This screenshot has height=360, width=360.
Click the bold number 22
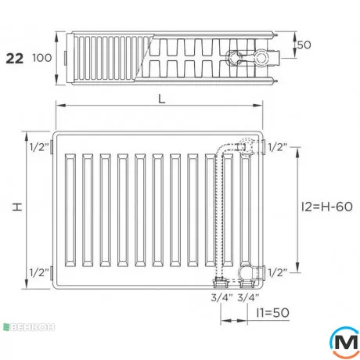point(15,59)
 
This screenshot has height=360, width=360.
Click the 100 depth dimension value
point(41,58)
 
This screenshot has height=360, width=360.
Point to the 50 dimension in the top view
point(304,45)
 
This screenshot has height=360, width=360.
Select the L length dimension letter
point(162,99)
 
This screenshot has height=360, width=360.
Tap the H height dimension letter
point(18,207)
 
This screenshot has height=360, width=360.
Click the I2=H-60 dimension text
point(327,207)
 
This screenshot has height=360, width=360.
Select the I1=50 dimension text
point(273,312)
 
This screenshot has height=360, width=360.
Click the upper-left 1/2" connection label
point(39,147)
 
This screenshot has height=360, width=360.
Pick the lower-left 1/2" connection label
point(39,272)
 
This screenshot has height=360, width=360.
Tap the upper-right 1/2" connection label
point(278,147)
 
